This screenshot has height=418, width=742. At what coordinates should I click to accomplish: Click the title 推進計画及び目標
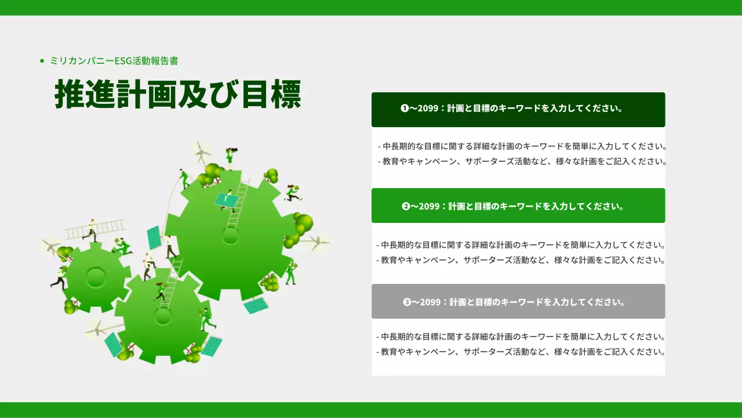click(177, 93)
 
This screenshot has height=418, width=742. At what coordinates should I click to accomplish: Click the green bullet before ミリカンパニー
click(42, 60)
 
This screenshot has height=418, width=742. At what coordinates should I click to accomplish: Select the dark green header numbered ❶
click(518, 109)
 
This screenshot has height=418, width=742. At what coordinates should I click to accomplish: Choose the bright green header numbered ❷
click(518, 206)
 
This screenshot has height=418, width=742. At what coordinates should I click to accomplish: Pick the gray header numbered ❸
click(518, 301)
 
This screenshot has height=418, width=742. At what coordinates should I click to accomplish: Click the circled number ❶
click(405, 109)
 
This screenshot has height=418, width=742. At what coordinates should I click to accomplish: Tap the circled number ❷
click(406, 206)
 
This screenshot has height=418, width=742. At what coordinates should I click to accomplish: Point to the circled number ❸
click(407, 302)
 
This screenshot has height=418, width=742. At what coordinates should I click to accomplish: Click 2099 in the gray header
click(430, 302)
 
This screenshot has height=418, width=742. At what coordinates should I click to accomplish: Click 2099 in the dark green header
click(428, 109)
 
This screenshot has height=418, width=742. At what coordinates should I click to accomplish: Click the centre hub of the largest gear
click(231, 236)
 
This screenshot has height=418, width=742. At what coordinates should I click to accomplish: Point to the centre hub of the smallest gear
click(96, 277)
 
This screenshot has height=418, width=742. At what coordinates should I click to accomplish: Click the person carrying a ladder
click(91, 230)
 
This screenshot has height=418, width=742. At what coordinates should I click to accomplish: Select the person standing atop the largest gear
click(230, 158)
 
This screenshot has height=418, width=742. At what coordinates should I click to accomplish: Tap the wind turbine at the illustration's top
click(201, 152)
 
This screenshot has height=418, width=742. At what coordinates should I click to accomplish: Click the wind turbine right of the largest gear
click(316, 242)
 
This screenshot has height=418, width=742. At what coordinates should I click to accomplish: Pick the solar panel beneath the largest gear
click(256, 305)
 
